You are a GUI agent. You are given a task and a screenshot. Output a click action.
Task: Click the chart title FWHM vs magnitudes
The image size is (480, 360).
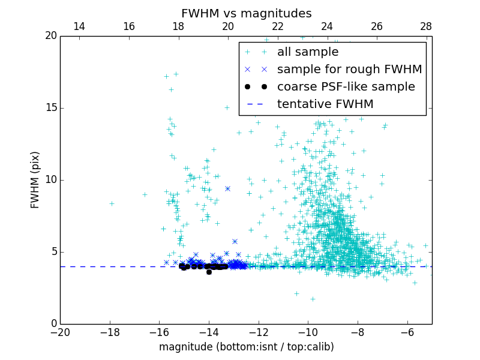(x=246, y=13)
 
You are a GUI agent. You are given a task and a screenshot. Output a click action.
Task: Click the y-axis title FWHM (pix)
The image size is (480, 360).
(x=35, y=180)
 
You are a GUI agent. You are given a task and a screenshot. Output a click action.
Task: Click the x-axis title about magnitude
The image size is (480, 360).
(x=246, y=347)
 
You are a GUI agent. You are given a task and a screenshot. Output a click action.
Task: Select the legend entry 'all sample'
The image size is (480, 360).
(x=308, y=52)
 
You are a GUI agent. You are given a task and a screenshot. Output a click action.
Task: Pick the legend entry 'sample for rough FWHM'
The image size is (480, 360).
(x=349, y=70)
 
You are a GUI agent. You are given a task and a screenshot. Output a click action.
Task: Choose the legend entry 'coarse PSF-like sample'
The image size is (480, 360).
(x=346, y=87)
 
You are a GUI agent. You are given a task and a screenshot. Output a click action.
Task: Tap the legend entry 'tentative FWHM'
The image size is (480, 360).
(x=325, y=104)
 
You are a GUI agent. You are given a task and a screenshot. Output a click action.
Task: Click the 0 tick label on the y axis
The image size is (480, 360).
(x=53, y=324)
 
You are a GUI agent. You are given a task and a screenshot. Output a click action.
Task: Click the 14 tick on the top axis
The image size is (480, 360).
(x=79, y=26)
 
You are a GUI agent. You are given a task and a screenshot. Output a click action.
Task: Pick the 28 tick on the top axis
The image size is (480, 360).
(x=426, y=26)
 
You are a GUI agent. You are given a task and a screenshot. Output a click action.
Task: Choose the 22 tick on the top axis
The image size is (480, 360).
(x=277, y=26)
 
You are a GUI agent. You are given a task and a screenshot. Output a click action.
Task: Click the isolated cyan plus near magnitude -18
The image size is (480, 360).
(x=112, y=203)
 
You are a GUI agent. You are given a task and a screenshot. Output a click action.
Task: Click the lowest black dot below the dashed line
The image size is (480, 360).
(x=209, y=272)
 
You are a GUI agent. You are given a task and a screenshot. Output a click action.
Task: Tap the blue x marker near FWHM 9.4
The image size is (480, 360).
(x=227, y=188)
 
